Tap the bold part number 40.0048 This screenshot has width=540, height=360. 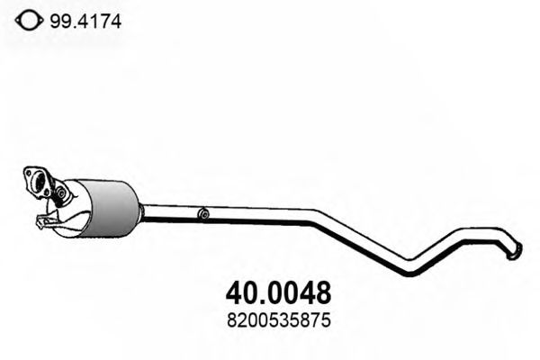[x=275, y=293]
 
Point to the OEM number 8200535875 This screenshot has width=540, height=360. [x=275, y=319]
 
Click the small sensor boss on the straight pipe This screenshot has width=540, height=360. [x=204, y=214]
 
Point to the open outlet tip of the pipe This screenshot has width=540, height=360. [x=515, y=253]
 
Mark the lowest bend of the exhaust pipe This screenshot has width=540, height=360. [x=409, y=269]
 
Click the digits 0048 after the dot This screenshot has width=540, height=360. [x=298, y=293]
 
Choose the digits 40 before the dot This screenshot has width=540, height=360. [x=236, y=293]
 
